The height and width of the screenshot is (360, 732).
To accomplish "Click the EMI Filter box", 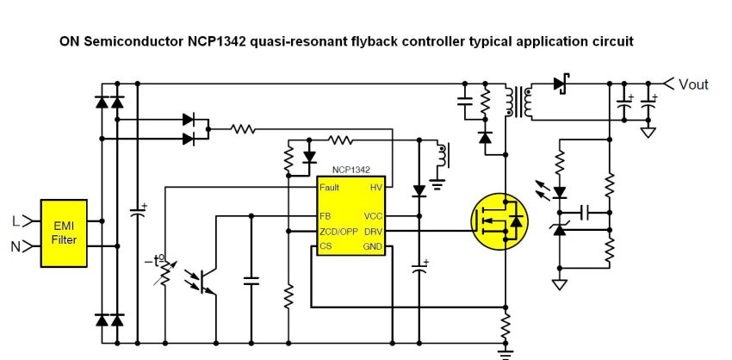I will point(64,233).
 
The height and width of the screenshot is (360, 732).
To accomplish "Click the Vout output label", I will point(693,84).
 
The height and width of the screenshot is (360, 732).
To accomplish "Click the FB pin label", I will point(324,216).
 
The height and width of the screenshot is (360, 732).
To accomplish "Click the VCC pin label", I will point(373,216).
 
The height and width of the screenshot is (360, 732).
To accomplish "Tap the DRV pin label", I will point(373,232).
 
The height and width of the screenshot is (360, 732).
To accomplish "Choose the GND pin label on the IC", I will point(373,247).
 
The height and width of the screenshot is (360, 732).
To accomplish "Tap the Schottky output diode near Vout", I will point(561,84).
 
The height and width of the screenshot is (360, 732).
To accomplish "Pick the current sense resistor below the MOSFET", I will point(506,326).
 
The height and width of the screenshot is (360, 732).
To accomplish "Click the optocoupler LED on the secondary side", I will point(560,192).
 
